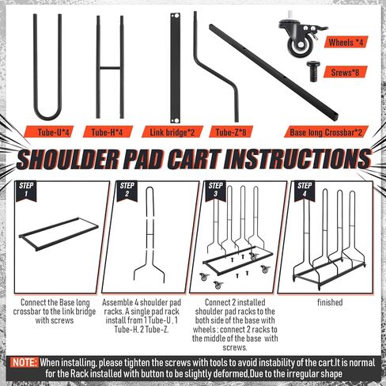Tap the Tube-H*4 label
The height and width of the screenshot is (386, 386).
[108, 132]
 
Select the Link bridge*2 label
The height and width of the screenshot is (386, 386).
[172, 132]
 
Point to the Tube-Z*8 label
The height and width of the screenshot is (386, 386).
[231, 132]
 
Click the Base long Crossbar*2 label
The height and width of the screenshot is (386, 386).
[326, 132]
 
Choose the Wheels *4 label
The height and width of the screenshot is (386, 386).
[346, 42]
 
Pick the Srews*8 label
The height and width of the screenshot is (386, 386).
[346, 72]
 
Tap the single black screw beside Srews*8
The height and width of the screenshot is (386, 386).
[314, 70]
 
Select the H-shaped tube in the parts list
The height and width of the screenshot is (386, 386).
[110, 68]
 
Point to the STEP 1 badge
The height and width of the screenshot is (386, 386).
[26, 191]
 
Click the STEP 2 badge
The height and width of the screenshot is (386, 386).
[127, 191]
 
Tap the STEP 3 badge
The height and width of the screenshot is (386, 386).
[215, 191]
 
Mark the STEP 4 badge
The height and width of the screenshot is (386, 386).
[305, 191]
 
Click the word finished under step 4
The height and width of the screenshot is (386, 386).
[330, 302]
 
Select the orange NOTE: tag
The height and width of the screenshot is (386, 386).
[25, 362]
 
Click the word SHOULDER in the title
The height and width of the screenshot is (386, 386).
[67, 160]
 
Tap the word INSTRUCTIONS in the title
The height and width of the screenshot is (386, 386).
[297, 159]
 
